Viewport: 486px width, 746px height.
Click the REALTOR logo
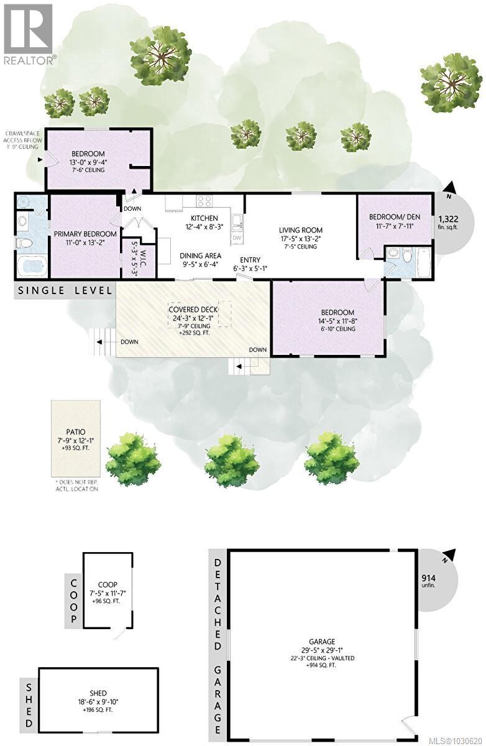tap(28, 34)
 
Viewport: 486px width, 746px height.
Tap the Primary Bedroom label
tap(85, 234)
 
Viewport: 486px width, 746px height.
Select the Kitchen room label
tap(204, 218)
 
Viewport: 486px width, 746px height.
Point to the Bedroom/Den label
tap(393, 217)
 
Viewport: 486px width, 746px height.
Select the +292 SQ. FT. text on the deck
tap(191, 333)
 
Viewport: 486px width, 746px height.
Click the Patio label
tap(76, 431)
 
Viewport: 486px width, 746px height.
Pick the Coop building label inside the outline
tap(108, 584)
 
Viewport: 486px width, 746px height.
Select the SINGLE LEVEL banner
tap(65, 290)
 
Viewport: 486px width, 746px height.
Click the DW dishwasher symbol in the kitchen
tap(236, 237)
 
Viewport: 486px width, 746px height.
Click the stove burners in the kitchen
tap(204, 201)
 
